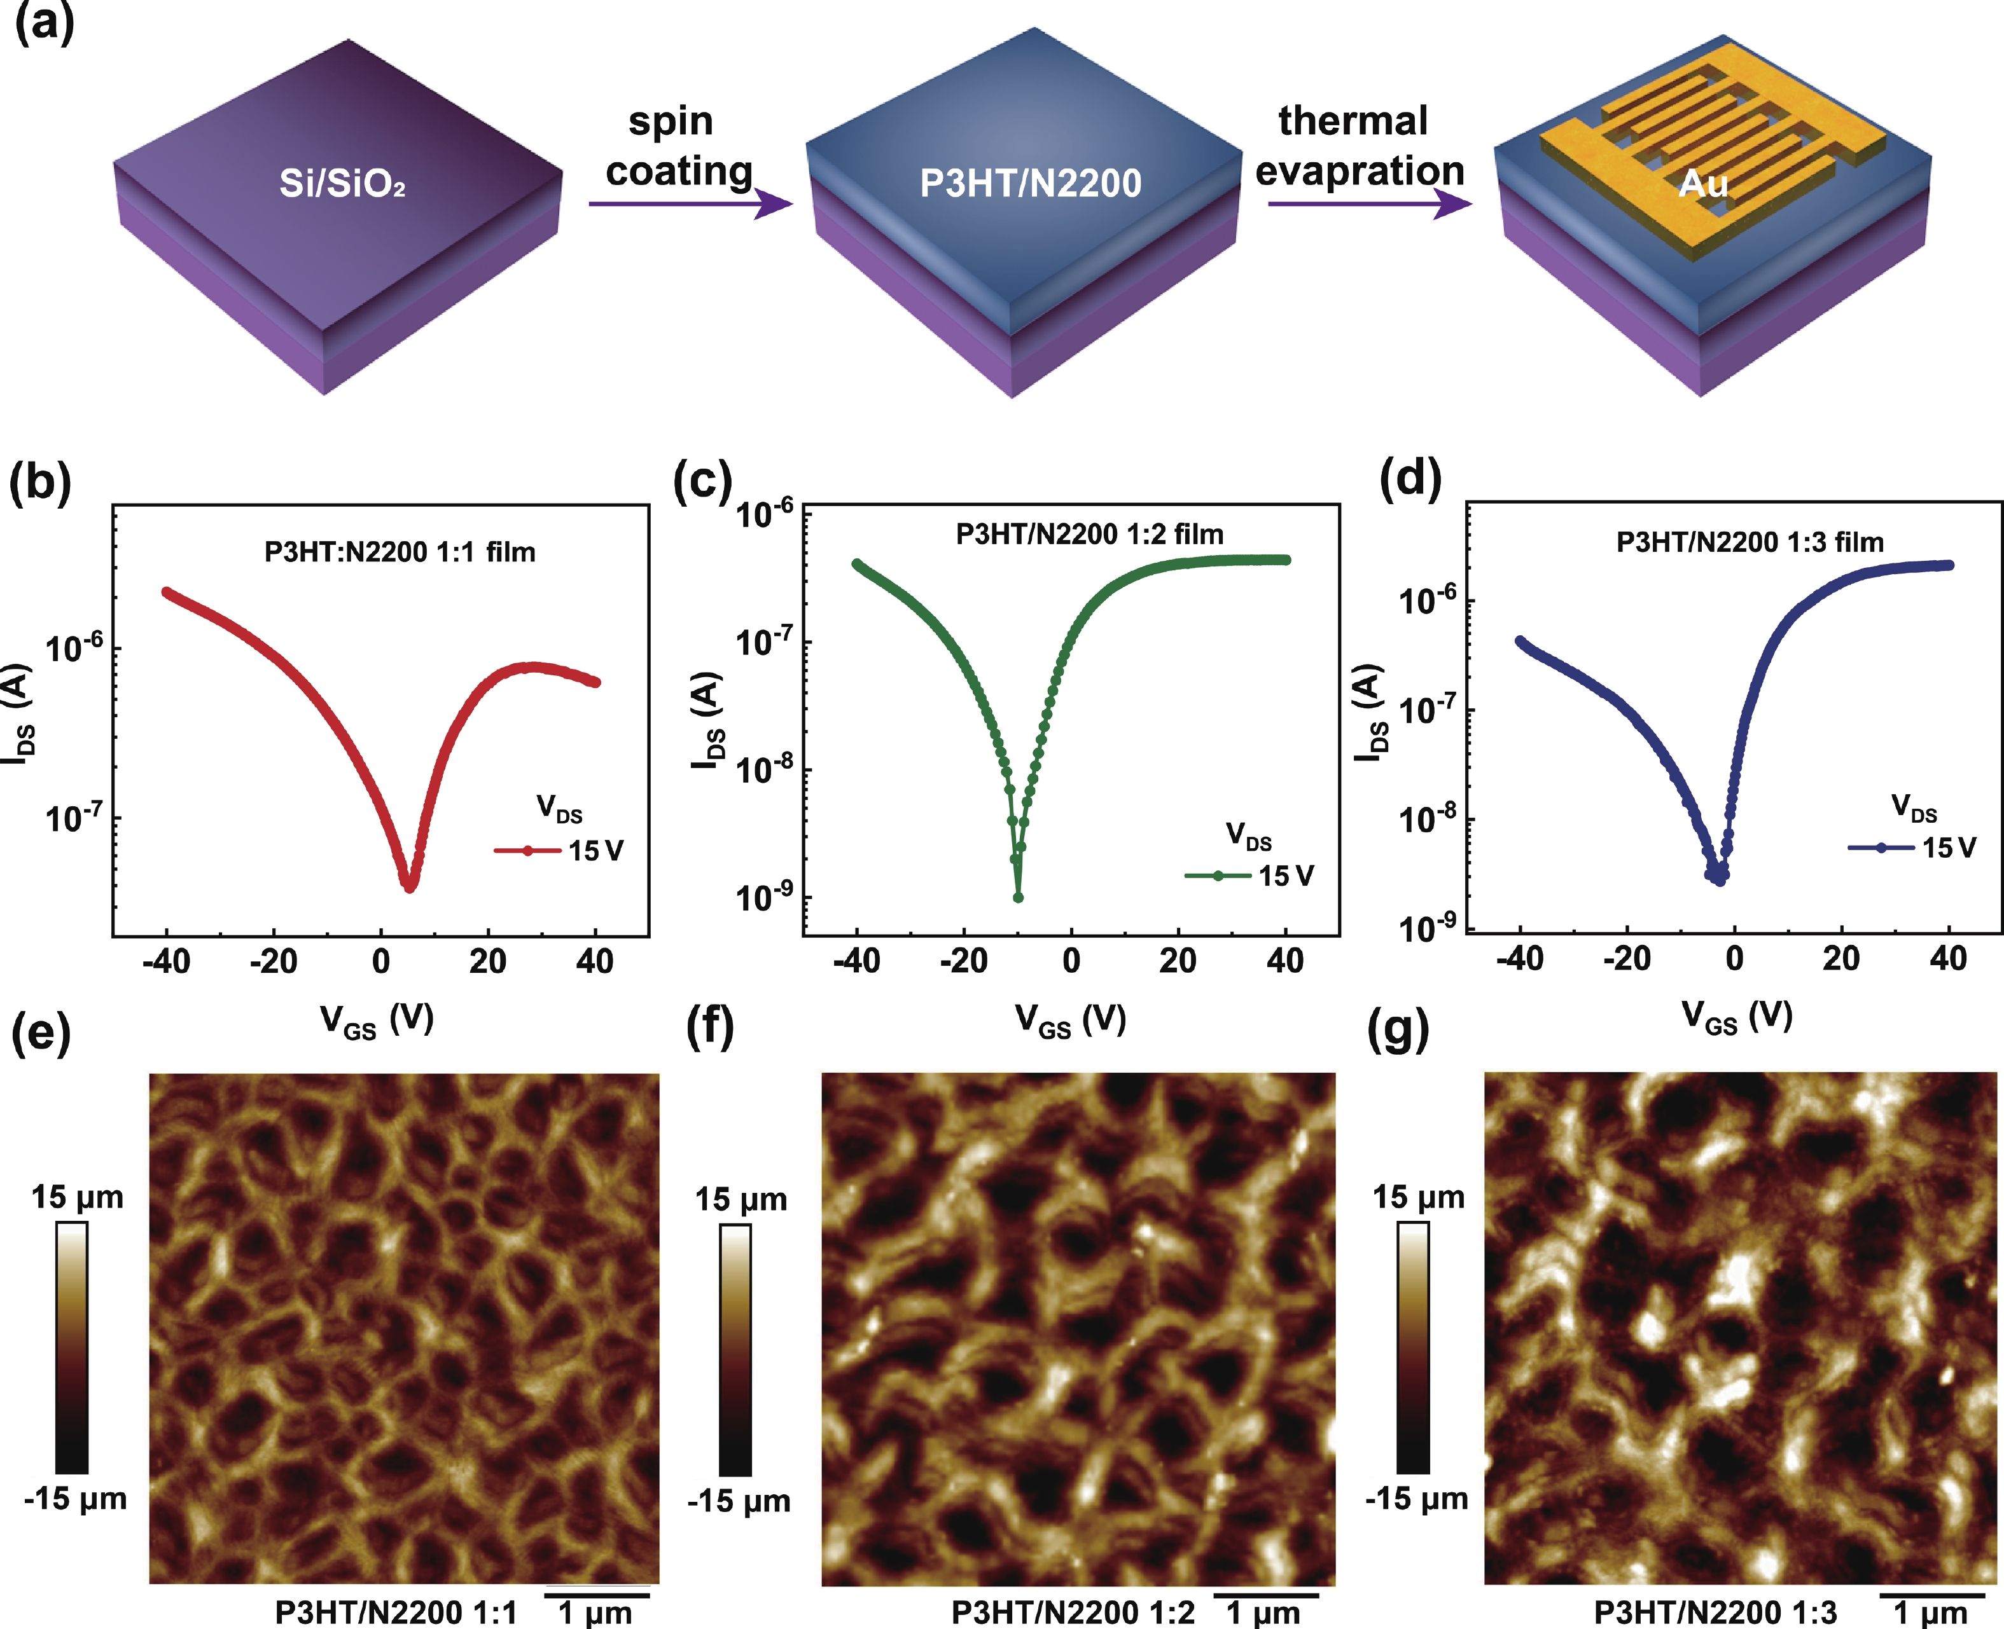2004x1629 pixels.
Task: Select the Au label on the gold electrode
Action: [1702, 183]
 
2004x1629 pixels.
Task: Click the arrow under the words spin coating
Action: [690, 203]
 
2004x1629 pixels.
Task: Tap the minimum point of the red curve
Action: [409, 886]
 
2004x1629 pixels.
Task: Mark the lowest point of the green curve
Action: [1019, 897]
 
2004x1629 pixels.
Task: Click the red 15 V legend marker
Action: [527, 850]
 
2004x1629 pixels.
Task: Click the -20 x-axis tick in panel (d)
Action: [1627, 958]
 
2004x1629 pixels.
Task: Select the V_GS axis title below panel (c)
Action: [1070, 1020]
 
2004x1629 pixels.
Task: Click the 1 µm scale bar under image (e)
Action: [597, 1593]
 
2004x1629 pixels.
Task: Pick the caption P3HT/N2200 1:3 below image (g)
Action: [1715, 1612]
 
